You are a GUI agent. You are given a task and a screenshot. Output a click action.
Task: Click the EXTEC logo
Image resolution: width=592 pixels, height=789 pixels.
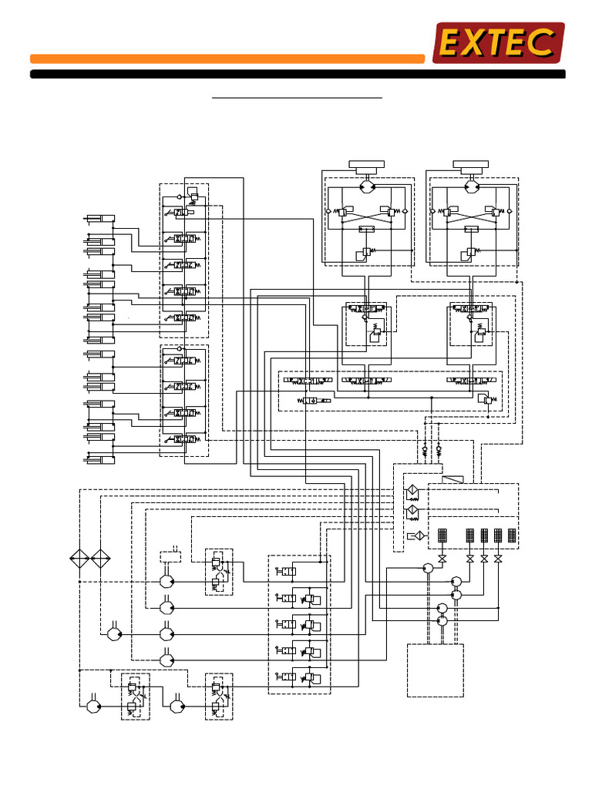tap(498, 42)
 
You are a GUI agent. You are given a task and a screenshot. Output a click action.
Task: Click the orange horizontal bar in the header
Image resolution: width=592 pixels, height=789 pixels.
tap(227, 59)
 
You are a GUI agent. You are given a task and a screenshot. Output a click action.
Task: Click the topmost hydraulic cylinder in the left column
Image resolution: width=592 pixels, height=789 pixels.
tap(99, 220)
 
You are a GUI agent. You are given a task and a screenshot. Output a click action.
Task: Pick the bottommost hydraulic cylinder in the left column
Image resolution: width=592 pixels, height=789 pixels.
tap(99, 460)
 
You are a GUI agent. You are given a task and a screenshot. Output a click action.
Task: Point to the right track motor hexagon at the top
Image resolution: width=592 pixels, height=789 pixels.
tap(472, 186)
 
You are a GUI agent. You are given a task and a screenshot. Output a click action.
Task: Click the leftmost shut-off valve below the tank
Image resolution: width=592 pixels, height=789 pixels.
tap(442, 559)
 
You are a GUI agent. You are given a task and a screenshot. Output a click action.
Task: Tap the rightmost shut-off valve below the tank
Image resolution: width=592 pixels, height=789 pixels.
tap(498, 559)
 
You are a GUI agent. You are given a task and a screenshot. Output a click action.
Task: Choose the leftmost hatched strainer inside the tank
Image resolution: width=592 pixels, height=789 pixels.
tap(442, 536)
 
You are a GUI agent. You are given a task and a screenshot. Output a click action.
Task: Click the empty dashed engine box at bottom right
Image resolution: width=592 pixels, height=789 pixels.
tap(435, 670)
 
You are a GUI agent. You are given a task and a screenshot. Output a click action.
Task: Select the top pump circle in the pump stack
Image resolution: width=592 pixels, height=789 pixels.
tap(429, 569)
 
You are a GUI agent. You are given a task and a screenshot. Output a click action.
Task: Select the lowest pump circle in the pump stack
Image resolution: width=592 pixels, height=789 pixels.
tap(442, 620)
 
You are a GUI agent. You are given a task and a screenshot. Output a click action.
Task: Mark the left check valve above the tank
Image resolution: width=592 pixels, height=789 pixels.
tap(425, 448)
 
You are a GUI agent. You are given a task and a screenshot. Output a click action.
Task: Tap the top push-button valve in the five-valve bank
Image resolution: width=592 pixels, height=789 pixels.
tap(285, 571)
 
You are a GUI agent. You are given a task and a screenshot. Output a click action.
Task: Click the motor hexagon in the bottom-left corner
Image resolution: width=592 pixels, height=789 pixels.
tap(94, 705)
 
